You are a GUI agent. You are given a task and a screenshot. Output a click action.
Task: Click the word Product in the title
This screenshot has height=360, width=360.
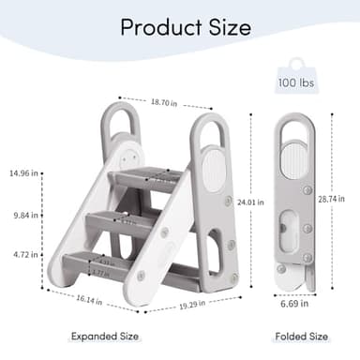coord(154,26)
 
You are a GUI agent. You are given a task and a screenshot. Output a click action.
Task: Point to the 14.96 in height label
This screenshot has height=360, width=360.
coord(23,173)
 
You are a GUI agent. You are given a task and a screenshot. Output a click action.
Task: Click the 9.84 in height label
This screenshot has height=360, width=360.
coord(23,215)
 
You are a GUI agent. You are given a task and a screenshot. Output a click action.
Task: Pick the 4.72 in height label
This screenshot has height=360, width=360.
coord(23,254)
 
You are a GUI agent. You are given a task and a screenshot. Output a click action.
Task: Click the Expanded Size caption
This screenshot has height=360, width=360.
coord(105,336)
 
